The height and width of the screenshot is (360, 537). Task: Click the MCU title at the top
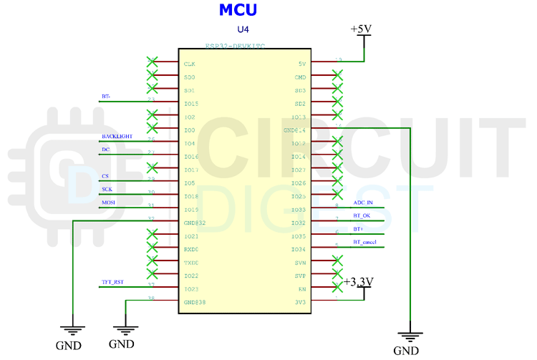237,10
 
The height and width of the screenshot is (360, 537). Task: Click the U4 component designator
243,30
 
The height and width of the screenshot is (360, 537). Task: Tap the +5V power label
361,29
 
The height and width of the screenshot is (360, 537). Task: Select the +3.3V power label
359,282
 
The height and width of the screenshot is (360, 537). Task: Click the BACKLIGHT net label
117,136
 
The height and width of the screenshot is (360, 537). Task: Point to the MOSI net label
108,203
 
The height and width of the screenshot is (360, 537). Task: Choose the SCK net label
107,189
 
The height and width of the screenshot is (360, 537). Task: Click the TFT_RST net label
112,282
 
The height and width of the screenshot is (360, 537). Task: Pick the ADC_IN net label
363,203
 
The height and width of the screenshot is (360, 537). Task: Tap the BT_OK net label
362,215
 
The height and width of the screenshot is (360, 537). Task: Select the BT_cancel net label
365,242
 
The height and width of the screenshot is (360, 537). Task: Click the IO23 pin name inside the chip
190,289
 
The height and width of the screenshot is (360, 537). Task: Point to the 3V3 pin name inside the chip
300,302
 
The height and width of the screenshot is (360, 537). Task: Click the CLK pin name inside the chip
190,64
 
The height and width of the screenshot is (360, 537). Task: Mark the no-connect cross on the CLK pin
152,62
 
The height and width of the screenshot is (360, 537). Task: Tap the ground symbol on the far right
410,335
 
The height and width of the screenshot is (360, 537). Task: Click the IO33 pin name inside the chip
298,210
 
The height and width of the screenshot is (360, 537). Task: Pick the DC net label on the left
105,150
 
